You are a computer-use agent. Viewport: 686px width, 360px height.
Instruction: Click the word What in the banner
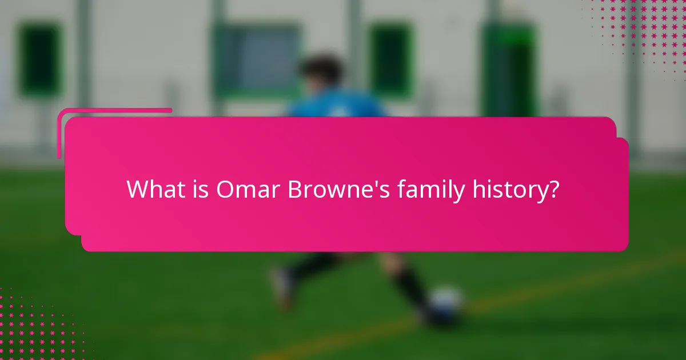(151, 189)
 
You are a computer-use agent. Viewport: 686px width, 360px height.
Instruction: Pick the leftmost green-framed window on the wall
(39, 60)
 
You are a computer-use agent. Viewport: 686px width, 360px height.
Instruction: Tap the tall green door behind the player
(509, 69)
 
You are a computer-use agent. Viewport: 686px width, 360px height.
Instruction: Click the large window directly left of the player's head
(257, 60)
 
